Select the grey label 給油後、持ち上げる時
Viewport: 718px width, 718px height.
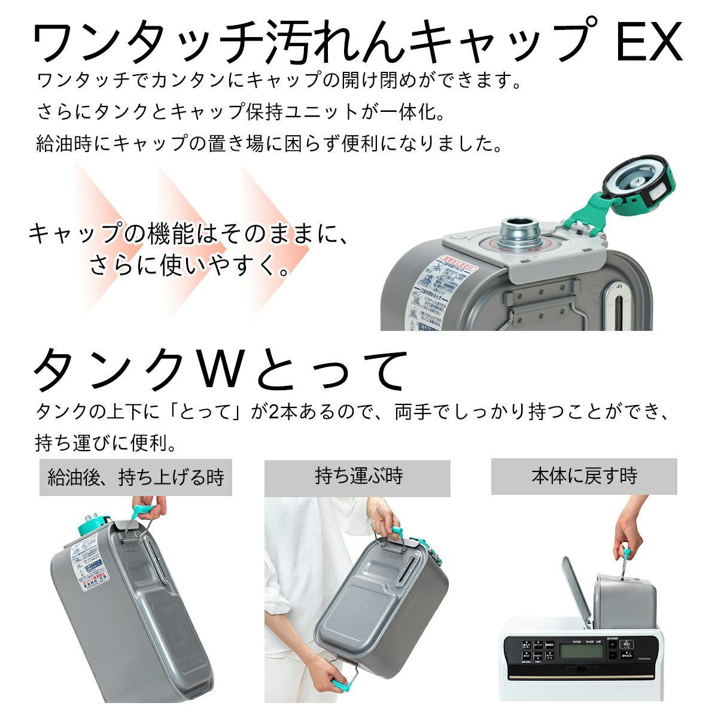(136, 477)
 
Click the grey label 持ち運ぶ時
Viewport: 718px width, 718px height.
(358, 477)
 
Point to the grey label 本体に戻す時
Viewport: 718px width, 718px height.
(584, 476)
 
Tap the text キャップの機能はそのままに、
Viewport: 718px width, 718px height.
(188, 233)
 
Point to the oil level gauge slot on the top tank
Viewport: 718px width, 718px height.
(613, 308)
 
